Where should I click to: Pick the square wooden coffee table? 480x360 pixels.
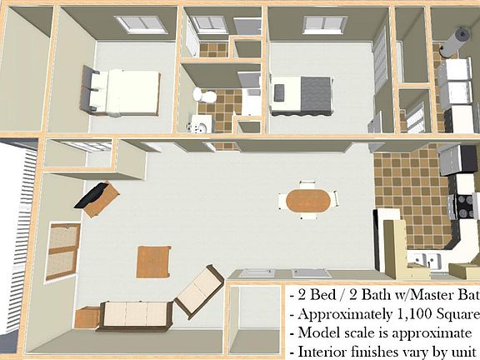point(154,262)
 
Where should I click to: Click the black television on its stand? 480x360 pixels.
point(97,195)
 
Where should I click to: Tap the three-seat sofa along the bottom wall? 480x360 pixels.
point(133,315)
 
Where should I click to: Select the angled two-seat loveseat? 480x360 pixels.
point(198,292)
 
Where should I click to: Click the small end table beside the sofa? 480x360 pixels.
point(86,317)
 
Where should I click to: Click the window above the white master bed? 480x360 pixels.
point(135,25)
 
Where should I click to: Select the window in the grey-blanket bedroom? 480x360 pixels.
point(322,25)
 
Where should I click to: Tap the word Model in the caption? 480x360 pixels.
point(314,332)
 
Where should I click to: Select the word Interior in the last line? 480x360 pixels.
point(320,351)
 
